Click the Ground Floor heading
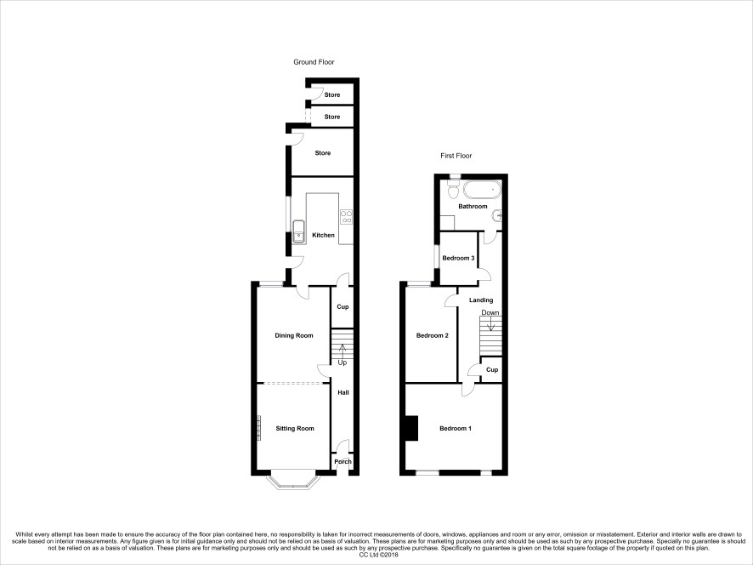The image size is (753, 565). [314, 62]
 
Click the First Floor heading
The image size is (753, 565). [456, 156]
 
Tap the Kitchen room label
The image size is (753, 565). [323, 235]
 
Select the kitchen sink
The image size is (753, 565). [299, 231]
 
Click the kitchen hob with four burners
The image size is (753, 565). [346, 217]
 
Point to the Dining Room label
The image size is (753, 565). [294, 335]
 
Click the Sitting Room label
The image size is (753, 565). [295, 429]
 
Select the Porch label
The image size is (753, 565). [343, 462]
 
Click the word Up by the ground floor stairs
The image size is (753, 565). [343, 362]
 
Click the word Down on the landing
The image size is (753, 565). [490, 312]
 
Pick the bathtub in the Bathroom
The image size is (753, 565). [482, 190]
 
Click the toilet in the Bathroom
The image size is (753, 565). [453, 190]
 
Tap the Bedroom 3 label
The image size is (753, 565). [459, 258]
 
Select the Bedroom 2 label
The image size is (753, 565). [433, 335]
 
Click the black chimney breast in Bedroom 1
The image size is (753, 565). [411, 428]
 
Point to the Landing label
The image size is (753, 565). [481, 300]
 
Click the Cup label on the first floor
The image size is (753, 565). [492, 370]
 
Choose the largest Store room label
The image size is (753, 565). [323, 153]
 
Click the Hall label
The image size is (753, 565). [343, 392]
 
